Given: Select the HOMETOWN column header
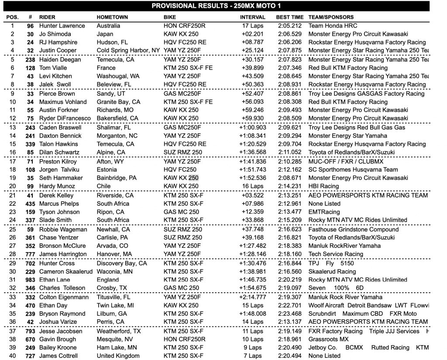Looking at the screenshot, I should pos(112,17).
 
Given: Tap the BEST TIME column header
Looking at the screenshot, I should pos(290,17).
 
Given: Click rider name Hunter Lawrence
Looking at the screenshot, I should pos(62,26).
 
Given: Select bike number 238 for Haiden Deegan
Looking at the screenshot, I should pos(29,60).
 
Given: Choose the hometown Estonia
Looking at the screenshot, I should pos(107,170).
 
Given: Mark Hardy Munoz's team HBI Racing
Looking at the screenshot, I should pos(323,187).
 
